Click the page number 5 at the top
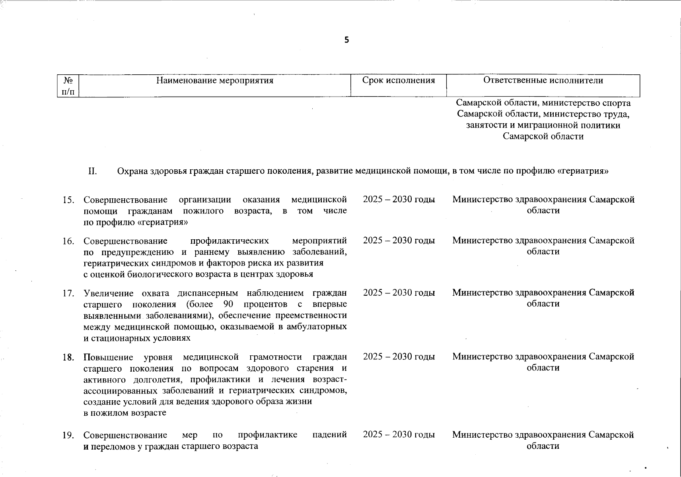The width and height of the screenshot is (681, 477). coord(346,40)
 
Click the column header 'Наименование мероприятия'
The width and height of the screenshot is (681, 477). coord(215,81)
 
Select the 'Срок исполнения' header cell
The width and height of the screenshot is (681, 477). coord(399,81)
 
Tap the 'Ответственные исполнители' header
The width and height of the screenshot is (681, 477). coord(543,81)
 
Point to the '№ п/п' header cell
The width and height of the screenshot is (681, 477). coord(68,86)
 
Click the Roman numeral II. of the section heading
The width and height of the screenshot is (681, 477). coord(92,171)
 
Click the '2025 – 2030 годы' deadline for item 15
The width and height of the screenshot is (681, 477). coord(399,200)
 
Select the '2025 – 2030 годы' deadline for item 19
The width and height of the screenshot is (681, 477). coord(399,435)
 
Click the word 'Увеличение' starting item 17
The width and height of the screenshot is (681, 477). coord(107,293)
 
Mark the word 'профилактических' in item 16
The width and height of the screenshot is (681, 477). coord(230,241)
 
